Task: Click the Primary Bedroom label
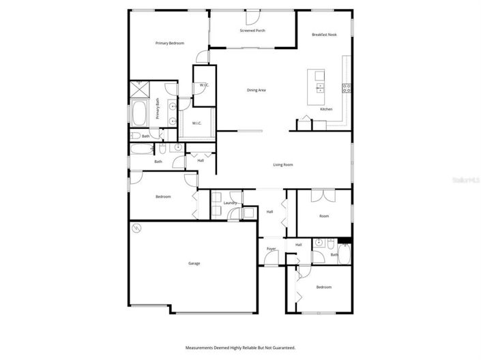(x=170, y=43)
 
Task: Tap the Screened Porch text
(x=252, y=31)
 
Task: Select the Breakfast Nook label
(x=324, y=34)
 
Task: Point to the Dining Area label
(x=256, y=90)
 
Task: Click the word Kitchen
(x=326, y=109)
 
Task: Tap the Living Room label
(x=283, y=164)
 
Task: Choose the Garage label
(x=194, y=262)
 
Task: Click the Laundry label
(x=230, y=202)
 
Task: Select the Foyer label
(x=271, y=249)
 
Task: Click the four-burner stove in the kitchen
(x=347, y=87)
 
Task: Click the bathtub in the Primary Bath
(x=139, y=113)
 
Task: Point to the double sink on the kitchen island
(x=319, y=87)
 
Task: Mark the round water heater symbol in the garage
(x=136, y=228)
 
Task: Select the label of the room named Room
(x=324, y=215)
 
